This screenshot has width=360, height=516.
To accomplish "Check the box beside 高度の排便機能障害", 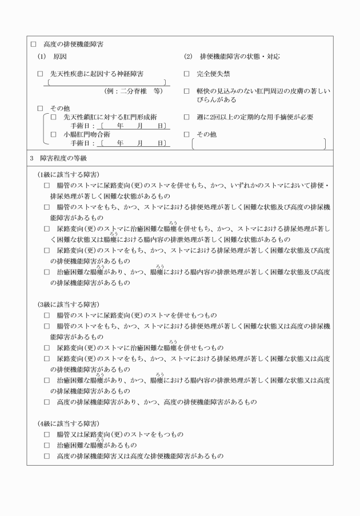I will coord(33,44).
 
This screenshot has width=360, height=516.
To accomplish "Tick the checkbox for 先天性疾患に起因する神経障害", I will coord(40,74).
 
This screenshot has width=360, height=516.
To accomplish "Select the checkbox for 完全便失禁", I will coord(187,74).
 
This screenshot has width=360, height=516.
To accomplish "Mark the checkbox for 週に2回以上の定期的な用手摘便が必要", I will coord(187,117).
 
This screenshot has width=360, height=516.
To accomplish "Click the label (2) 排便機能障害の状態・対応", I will coord(231,57).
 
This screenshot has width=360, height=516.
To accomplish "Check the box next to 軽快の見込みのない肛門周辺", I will coord(187,91).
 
